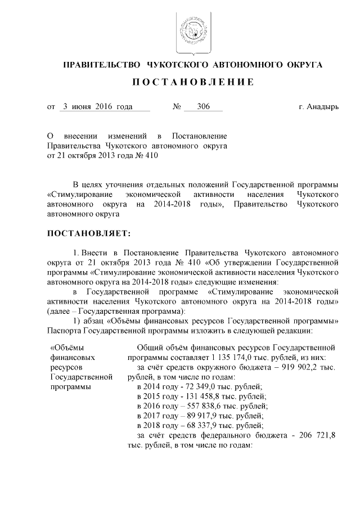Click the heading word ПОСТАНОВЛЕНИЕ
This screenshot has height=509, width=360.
click(x=193, y=82)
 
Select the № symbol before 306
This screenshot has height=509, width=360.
click(x=176, y=107)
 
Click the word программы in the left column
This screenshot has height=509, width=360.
click(x=70, y=387)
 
